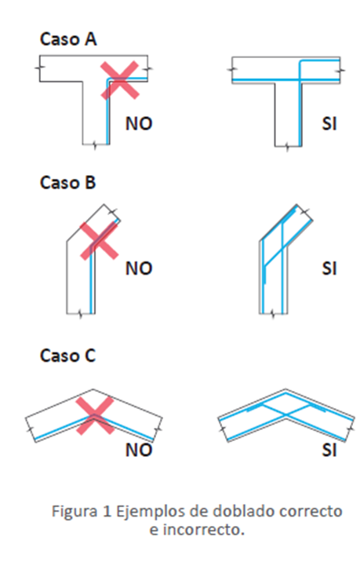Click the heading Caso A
[x=68, y=39]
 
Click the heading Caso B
[x=67, y=182]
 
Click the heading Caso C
[x=67, y=356]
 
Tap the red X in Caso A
[x=120, y=80]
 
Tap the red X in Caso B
[x=99, y=240]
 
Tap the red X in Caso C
[x=95, y=416]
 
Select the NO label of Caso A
[x=139, y=124]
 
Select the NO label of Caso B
[x=139, y=268]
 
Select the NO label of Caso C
[x=139, y=451]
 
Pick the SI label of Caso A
[x=329, y=124]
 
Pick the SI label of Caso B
[x=329, y=268]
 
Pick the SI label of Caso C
[x=329, y=451]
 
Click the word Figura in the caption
[x=75, y=511]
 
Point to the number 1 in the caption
[x=107, y=511]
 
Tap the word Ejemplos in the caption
[x=162, y=512]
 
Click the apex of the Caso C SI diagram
[x=285, y=389]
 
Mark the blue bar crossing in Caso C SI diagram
[x=285, y=415]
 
